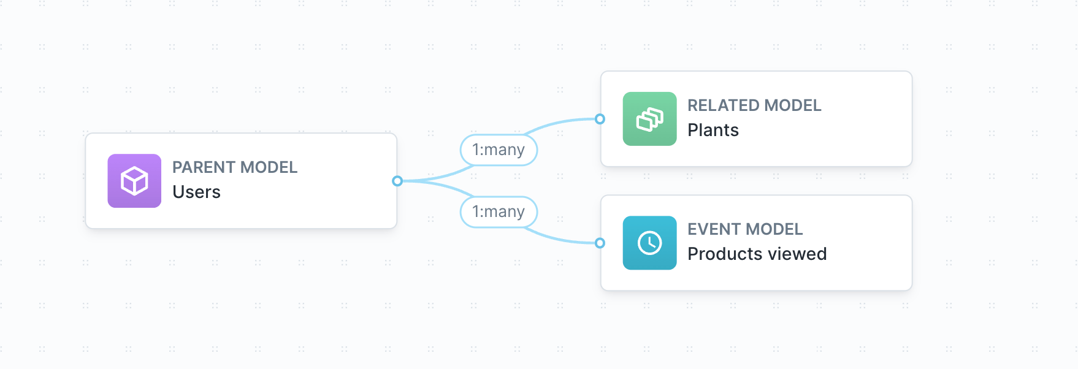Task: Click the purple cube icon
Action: pos(134,181)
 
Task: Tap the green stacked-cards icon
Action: pos(649,119)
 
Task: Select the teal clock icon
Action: pos(649,243)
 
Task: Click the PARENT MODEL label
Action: pos(234,167)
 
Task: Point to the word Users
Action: pos(196,192)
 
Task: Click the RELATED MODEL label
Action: pos(754,105)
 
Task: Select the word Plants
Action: pos(713,131)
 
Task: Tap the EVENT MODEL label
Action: pos(744,229)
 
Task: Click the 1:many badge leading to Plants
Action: pos(499,150)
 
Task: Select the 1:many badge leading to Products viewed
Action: pos(499,212)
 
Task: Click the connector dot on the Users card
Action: pos(397,181)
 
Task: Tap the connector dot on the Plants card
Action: pos(600,119)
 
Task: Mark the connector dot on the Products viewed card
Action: pos(600,243)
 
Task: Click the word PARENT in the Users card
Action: pos(204,167)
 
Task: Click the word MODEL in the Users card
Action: pos(269,167)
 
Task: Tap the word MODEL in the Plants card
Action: pos(793,105)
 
